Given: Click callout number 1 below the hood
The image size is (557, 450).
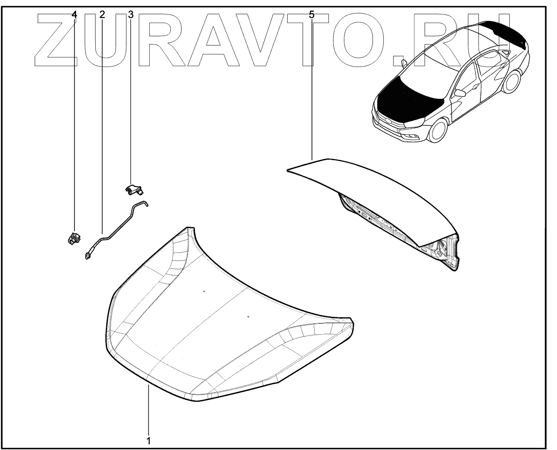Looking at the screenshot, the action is pos(148,440).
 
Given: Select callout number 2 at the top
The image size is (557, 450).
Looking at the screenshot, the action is pos(102,14).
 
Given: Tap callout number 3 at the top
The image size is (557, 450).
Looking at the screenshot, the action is pos(131,14).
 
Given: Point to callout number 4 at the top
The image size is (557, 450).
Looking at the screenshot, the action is pos(74,14).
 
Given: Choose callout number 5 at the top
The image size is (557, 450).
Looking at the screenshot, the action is pos(312,14).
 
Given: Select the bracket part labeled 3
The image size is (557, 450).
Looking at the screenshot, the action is pos(135,189).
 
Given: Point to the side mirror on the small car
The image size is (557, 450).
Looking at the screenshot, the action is pos(460,93).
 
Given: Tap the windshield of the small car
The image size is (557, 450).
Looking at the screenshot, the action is pos(440,70).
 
